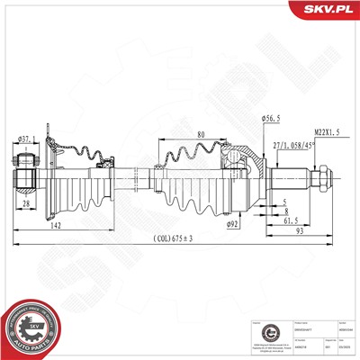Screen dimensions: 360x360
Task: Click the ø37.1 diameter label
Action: (x=27, y=138)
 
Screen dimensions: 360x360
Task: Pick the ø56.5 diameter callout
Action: (x=271, y=118)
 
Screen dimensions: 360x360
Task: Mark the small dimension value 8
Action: (x=286, y=211)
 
